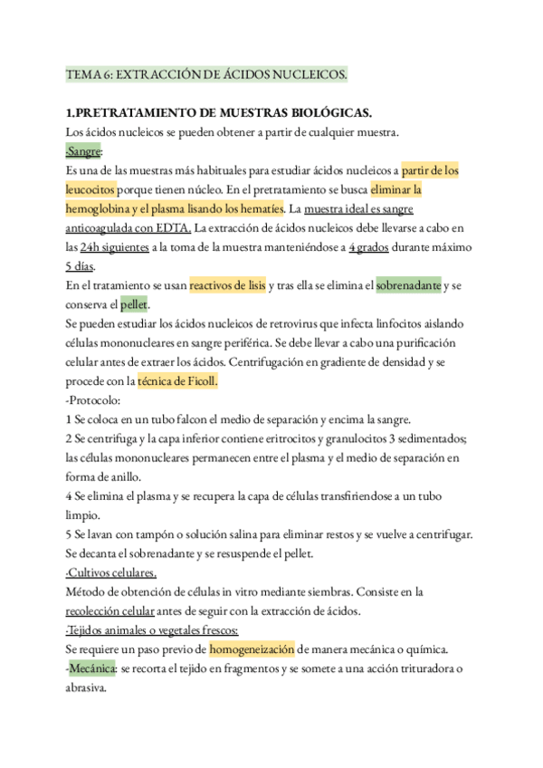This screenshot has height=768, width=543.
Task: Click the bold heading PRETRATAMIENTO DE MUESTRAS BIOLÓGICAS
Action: pyautogui.click(x=220, y=112)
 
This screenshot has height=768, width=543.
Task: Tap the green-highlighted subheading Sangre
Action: pyautogui.click(x=84, y=150)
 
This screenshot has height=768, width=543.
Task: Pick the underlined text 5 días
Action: pyautogui.click(x=80, y=266)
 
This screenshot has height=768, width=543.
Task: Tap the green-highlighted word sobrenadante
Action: pyautogui.click(x=408, y=285)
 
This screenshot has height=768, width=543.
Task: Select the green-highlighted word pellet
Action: pyautogui.click(x=135, y=304)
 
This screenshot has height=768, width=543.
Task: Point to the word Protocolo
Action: pyautogui.click(x=100, y=400)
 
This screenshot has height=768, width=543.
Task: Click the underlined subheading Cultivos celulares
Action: pyautogui.click(x=111, y=572)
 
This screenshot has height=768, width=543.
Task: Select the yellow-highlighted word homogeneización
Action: pyautogui.click(x=252, y=649)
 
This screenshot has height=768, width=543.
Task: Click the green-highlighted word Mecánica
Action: pyautogui.click(x=91, y=668)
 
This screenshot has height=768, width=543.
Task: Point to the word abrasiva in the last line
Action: pyautogui.click(x=87, y=687)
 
